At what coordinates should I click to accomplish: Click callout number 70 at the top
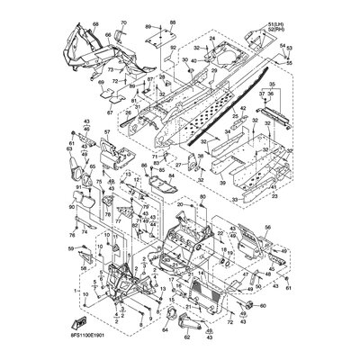pos(125,20)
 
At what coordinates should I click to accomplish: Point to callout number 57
pos(105,132)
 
